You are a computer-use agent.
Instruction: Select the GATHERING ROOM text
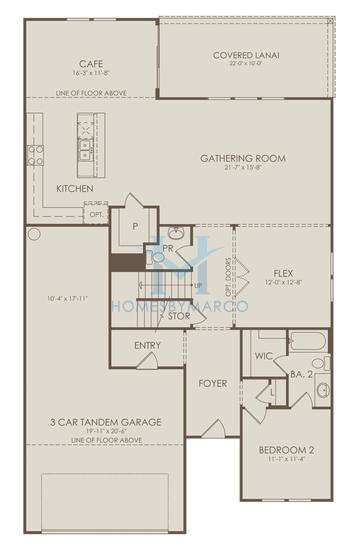tap(242, 158)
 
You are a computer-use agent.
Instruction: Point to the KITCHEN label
tap(75, 188)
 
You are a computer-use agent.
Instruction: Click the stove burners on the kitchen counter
tap(35, 155)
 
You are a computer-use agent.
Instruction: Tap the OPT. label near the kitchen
tap(96, 214)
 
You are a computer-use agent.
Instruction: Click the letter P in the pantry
tap(134, 226)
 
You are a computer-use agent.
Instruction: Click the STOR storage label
tap(179, 316)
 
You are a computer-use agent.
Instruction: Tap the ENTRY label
tap(148, 345)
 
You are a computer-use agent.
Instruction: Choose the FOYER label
tap(212, 383)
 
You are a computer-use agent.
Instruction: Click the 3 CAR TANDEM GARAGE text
tap(104, 422)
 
